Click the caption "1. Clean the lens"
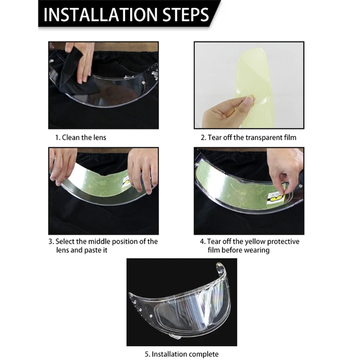coord(81,137)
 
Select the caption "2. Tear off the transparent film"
coord(248,137)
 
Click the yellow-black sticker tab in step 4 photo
coord(276,197)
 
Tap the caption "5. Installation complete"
coord(182,354)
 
